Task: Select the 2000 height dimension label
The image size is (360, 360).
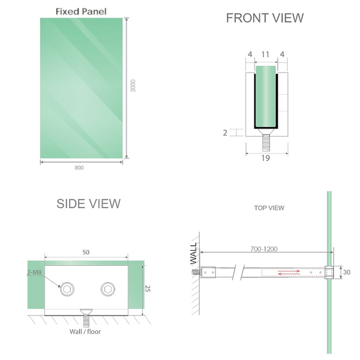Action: pyautogui.click(x=133, y=86)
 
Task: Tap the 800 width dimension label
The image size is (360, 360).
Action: pyautogui.click(x=79, y=167)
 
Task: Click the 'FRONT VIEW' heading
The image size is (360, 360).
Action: pyautogui.click(x=265, y=18)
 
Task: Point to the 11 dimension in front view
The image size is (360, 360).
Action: pyautogui.click(x=265, y=55)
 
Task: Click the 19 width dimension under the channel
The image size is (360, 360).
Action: pyautogui.click(x=265, y=158)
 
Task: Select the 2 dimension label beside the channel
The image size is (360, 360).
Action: pyautogui.click(x=226, y=133)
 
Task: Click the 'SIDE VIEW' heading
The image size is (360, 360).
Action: pyautogui.click(x=88, y=203)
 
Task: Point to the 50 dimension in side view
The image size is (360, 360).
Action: pyautogui.click(x=86, y=253)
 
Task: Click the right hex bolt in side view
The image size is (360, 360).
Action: pyautogui.click(x=108, y=287)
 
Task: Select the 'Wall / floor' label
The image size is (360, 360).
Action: pyautogui.click(x=86, y=331)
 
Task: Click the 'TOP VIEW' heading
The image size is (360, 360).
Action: pyautogui.click(x=269, y=208)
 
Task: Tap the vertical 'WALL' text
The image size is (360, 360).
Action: pyautogui.click(x=193, y=253)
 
